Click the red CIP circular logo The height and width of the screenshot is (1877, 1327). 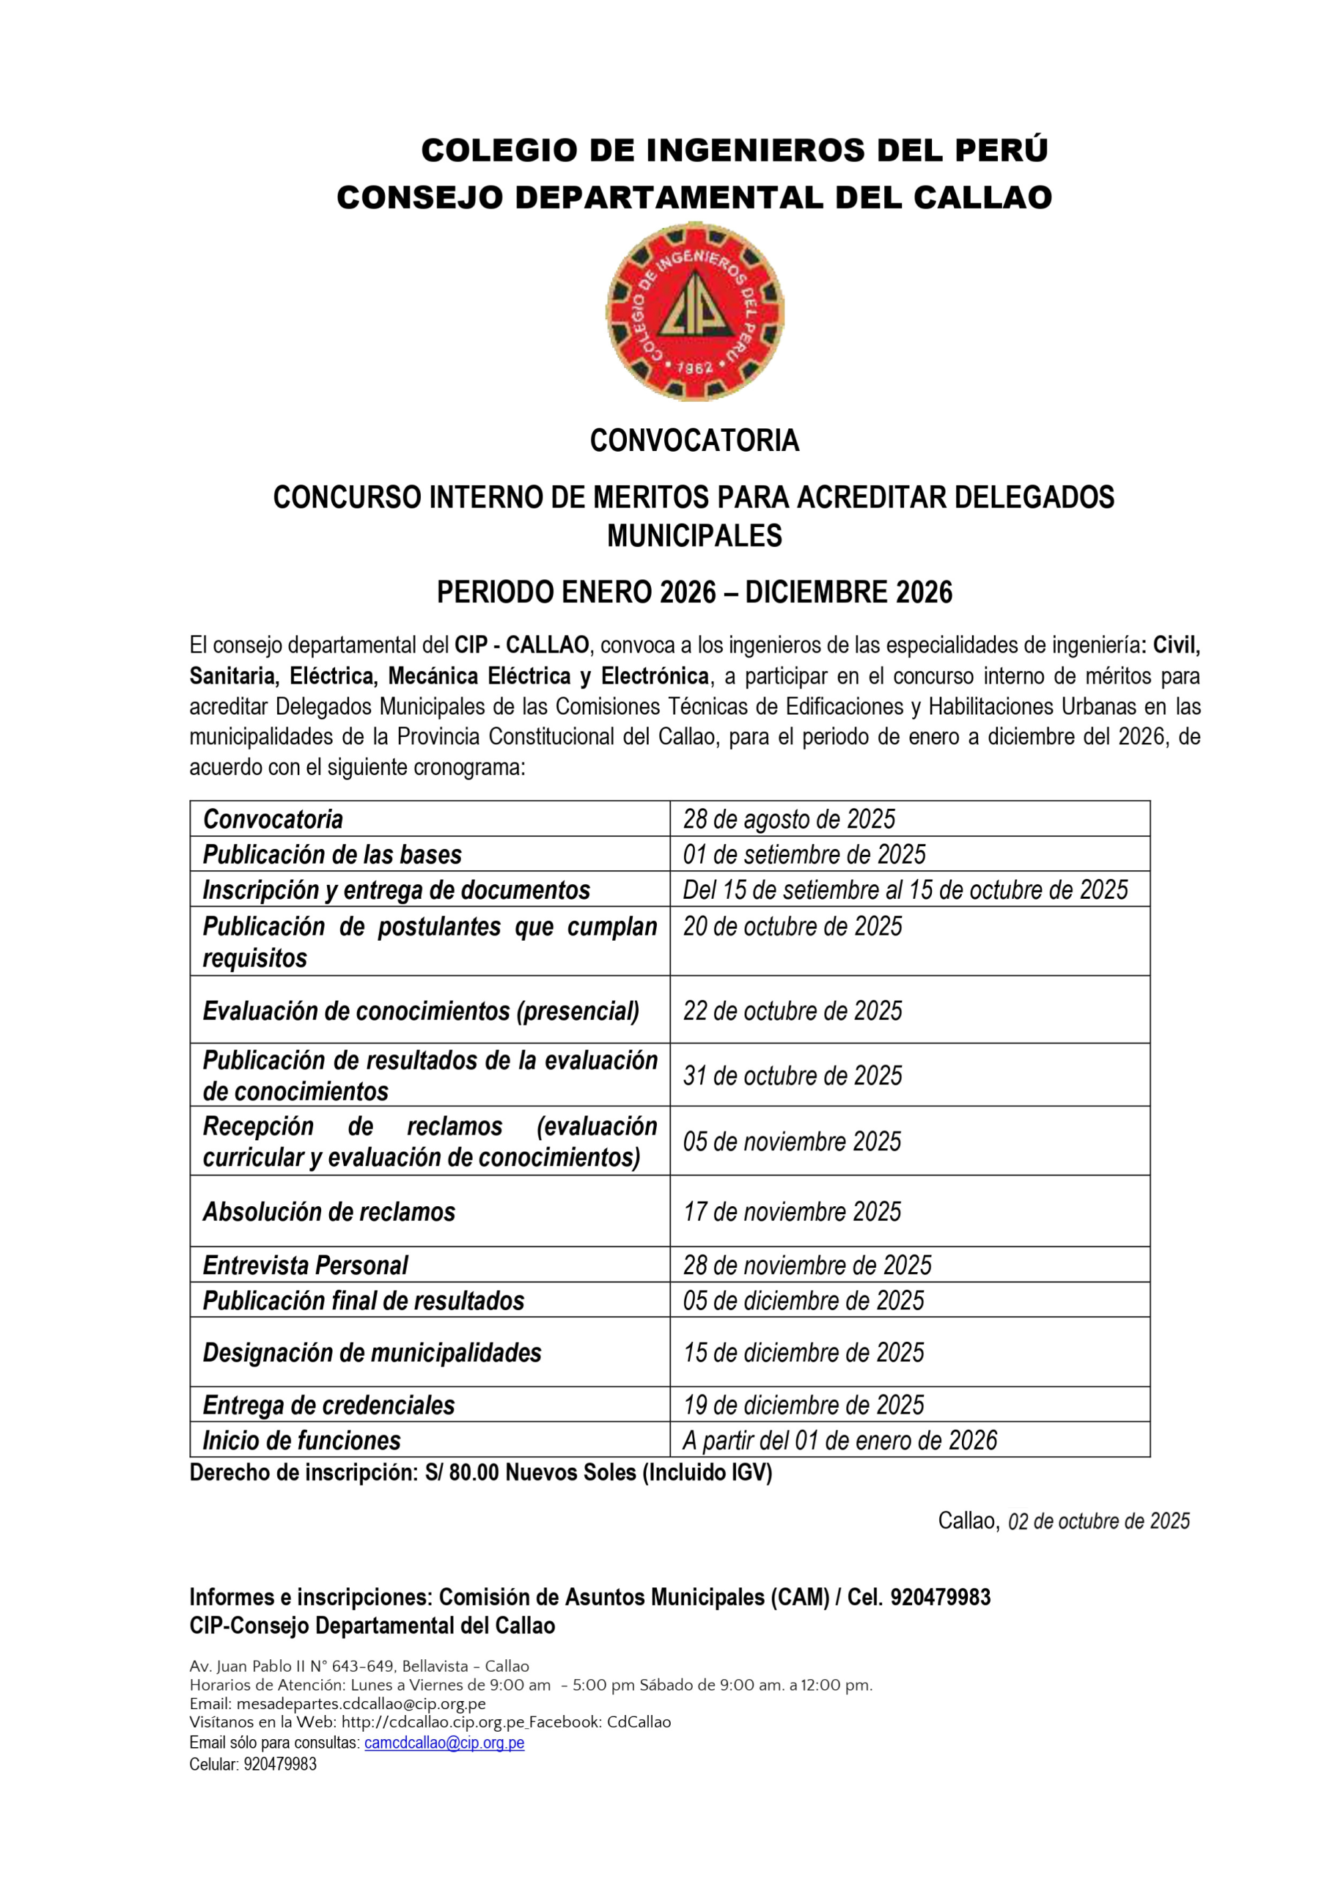coord(695,312)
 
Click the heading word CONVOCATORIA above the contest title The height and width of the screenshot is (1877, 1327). coord(694,441)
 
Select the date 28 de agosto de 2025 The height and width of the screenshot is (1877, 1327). coord(789,819)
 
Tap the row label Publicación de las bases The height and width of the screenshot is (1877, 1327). coord(332,854)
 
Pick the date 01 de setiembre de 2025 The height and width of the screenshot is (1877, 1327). coord(804,854)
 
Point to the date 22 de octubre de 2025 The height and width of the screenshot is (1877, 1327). coord(793,1010)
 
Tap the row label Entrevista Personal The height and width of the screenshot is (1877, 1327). coord(305,1266)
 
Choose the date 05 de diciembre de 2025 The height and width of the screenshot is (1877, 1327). coord(803,1301)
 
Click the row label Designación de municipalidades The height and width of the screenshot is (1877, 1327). coord(372,1353)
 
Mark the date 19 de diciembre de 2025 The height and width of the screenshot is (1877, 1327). coord(803,1406)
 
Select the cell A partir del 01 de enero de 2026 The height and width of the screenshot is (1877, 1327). coord(839,1441)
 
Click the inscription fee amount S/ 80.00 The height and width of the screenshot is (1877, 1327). coord(462,1473)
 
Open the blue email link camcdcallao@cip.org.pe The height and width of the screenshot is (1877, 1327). coord(444,1743)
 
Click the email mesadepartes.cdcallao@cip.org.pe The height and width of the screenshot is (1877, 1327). coord(361,1705)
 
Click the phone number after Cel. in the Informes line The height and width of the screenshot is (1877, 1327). coord(941,1598)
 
